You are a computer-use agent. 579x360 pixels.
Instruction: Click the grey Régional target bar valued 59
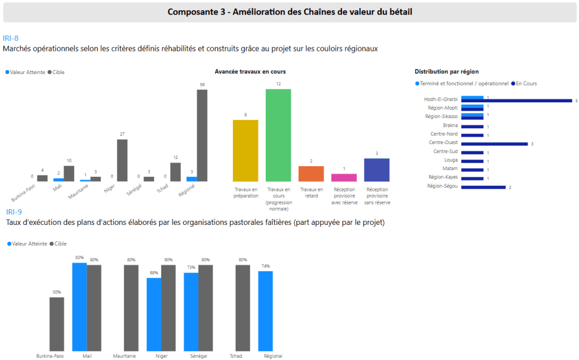[x=202, y=136]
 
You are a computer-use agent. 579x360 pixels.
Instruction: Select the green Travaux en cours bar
[x=278, y=135]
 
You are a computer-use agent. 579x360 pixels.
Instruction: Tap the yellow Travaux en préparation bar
[x=245, y=150]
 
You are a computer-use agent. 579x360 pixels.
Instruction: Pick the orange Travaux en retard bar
[x=311, y=174]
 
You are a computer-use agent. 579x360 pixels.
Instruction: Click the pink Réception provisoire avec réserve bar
[x=344, y=177]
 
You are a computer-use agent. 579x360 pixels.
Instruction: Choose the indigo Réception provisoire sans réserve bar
[x=377, y=170]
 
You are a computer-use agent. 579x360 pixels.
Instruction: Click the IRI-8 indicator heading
[x=11, y=38]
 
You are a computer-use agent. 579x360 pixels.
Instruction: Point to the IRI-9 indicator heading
[x=14, y=212]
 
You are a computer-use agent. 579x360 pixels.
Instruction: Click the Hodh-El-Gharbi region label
[x=441, y=99]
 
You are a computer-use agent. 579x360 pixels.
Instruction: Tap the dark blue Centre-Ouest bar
[x=494, y=144]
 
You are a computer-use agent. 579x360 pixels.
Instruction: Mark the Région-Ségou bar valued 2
[x=483, y=187]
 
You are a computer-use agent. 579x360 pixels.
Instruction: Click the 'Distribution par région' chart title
[x=447, y=72]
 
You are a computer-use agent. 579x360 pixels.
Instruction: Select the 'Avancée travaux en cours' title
[x=250, y=72]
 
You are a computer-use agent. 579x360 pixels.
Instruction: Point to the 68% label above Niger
[x=153, y=273]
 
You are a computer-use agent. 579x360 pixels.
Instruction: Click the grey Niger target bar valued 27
[x=122, y=160]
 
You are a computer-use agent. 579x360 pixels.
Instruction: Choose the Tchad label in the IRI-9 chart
[x=236, y=356]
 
